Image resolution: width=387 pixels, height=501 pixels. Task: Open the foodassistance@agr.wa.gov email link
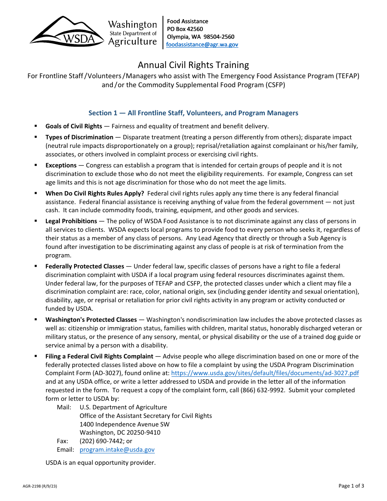(202, 45)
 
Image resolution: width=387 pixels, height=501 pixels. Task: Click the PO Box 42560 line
(185, 29)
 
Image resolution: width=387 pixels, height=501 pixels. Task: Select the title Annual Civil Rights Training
(193, 65)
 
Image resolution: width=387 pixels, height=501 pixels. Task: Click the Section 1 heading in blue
(193, 113)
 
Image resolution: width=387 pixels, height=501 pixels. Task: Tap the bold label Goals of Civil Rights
(74, 126)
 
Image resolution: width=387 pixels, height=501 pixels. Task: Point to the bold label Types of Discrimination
(79, 137)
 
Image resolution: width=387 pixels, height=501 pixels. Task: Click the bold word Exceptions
(61, 165)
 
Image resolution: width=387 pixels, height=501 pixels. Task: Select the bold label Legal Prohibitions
(71, 221)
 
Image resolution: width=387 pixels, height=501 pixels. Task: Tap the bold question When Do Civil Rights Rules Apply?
(95, 193)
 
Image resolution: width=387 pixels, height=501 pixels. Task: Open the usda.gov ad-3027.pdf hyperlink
(265, 373)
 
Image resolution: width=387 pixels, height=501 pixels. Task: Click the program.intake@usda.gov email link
(117, 450)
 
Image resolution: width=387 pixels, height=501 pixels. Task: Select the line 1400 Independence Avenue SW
(125, 424)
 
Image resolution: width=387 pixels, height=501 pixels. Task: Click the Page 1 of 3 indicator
(351, 486)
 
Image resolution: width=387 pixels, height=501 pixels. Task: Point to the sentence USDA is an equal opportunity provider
(101, 463)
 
